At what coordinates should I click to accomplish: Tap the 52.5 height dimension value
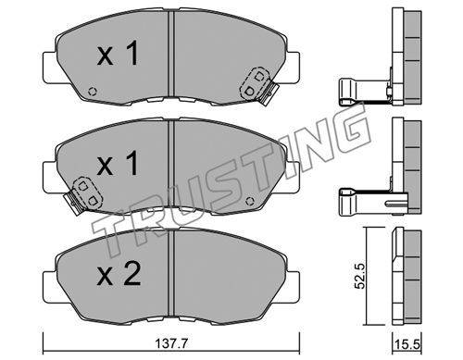coord(359,276)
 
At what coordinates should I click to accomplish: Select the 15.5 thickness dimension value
coord(407,344)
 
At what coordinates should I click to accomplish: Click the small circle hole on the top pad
coord(93,92)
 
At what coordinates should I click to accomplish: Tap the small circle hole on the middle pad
coord(250,202)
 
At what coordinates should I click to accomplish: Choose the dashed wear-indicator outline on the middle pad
coord(87,193)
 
